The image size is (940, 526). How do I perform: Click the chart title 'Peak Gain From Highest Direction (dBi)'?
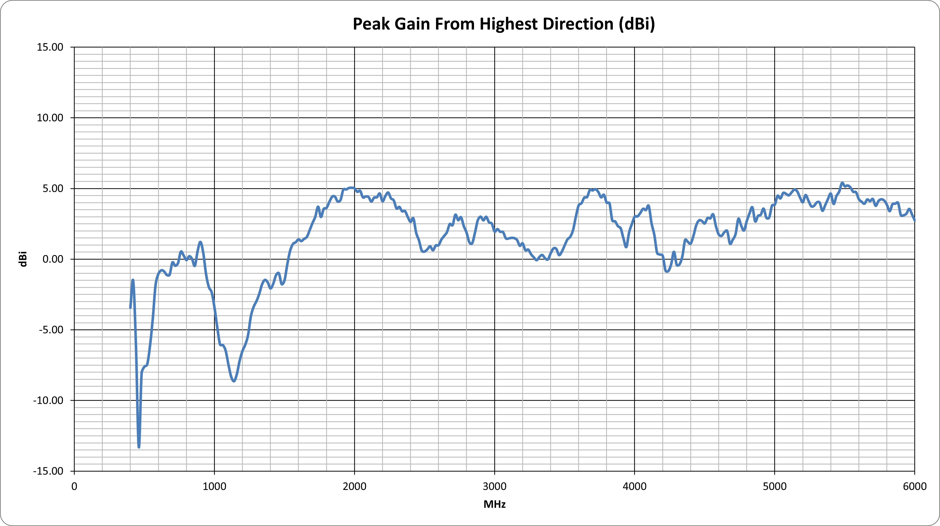coord(504,24)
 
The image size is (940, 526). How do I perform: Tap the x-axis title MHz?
coord(495,504)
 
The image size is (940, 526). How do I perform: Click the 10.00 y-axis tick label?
coord(50,118)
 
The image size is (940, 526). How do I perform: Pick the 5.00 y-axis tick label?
coord(53,188)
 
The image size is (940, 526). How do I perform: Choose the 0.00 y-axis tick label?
coord(53,259)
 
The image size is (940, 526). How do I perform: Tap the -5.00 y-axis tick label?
coord(51,330)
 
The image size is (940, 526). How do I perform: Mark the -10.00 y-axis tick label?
coord(48,400)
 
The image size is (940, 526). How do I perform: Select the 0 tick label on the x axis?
coord(74,486)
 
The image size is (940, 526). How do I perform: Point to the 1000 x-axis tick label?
coord(215,486)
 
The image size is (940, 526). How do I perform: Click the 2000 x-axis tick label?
coord(355,486)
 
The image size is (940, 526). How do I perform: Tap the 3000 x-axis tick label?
coord(495,486)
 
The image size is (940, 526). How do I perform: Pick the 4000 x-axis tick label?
coord(635,486)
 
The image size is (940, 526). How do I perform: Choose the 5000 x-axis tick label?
coord(775,486)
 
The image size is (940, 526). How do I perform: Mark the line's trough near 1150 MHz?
coord(234,381)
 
